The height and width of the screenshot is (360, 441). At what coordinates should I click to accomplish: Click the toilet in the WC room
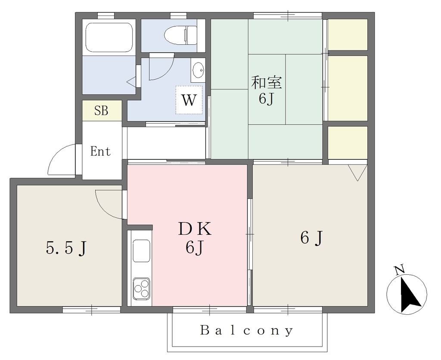180,35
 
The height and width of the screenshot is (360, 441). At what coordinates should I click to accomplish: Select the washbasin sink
198,69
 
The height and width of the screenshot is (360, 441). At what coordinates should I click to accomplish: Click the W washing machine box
189,100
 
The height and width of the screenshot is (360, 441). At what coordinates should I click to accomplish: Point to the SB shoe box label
101,111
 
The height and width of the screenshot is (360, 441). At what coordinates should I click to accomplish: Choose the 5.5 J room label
66,248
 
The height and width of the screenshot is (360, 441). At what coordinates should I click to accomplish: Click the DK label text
195,229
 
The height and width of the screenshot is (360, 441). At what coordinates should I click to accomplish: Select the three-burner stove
141,289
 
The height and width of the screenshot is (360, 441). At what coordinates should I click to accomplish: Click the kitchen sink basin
141,251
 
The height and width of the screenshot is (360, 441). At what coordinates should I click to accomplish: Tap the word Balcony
247,330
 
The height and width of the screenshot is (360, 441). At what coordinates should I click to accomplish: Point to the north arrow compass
407,295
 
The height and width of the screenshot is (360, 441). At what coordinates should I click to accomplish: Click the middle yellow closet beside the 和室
348,88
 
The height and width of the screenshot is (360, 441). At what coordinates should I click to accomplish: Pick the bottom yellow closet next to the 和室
348,143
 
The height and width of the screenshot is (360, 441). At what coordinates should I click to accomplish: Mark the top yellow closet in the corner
348,34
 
